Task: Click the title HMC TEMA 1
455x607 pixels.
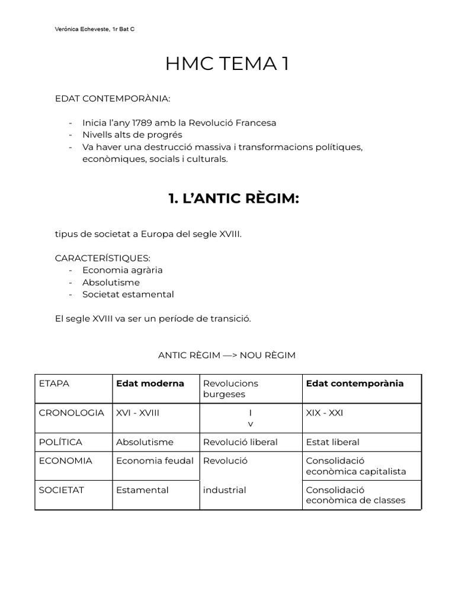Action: tap(228, 63)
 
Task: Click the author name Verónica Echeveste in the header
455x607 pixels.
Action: tap(81, 28)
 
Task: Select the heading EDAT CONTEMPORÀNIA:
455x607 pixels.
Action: tap(112, 98)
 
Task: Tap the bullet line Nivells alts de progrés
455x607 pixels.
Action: tap(132, 135)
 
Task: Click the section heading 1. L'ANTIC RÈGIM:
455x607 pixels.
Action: tap(234, 199)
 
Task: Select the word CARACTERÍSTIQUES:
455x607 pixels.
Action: tap(102, 258)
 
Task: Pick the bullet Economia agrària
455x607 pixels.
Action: tap(122, 270)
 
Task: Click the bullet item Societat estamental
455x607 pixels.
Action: tap(128, 294)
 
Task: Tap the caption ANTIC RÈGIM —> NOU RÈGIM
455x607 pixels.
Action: tap(226, 355)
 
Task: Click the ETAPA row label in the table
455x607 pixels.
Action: tap(54, 384)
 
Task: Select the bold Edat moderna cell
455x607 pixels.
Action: tap(150, 384)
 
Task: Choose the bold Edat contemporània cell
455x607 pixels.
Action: tap(354, 384)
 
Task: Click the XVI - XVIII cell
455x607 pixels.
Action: tap(137, 413)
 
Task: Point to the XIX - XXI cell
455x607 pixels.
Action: tap(324, 413)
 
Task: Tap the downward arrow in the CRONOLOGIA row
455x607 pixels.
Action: tap(250, 418)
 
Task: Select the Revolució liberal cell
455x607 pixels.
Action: tap(240, 442)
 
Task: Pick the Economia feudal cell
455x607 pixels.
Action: tap(155, 461)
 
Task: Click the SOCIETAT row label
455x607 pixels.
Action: tap(61, 490)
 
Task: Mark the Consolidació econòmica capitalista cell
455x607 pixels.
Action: tap(355, 466)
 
